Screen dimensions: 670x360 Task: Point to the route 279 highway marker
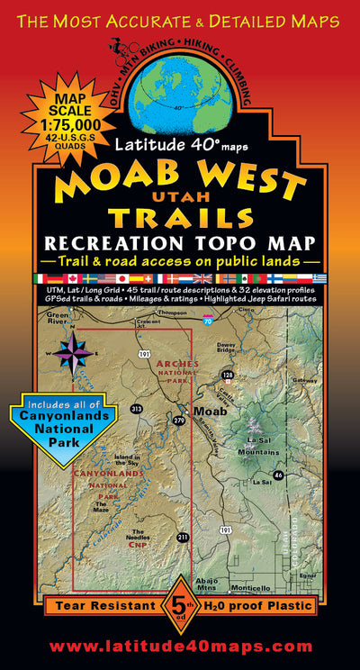(178, 421)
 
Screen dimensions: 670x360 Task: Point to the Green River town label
(58, 318)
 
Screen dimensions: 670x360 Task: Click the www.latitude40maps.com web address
(180, 647)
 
